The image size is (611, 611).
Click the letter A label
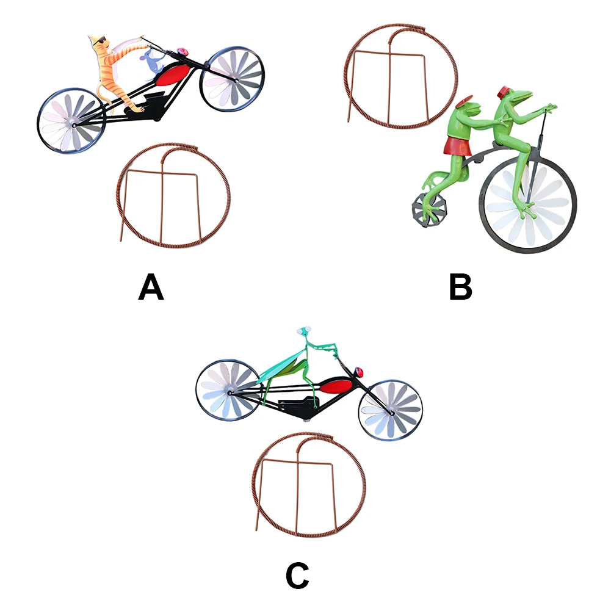(x=151, y=287)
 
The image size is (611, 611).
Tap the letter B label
(x=461, y=287)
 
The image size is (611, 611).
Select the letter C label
(x=297, y=576)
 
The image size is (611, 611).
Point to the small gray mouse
(x=150, y=62)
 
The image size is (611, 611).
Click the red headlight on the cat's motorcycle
(x=181, y=50)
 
